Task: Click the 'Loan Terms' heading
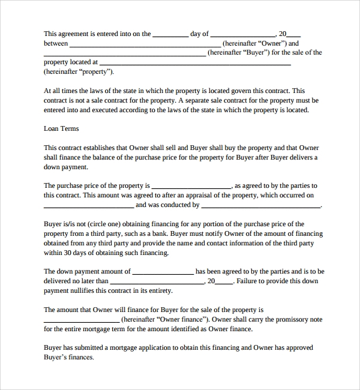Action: click(x=61, y=128)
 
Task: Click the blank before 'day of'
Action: click(x=170, y=35)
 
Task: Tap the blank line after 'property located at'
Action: click(x=195, y=63)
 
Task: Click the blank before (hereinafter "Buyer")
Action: click(x=124, y=54)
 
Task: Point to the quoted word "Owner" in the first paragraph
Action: click(x=270, y=43)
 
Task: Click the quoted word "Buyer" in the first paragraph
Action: click(x=254, y=52)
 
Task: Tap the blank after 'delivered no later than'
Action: click(x=157, y=282)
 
